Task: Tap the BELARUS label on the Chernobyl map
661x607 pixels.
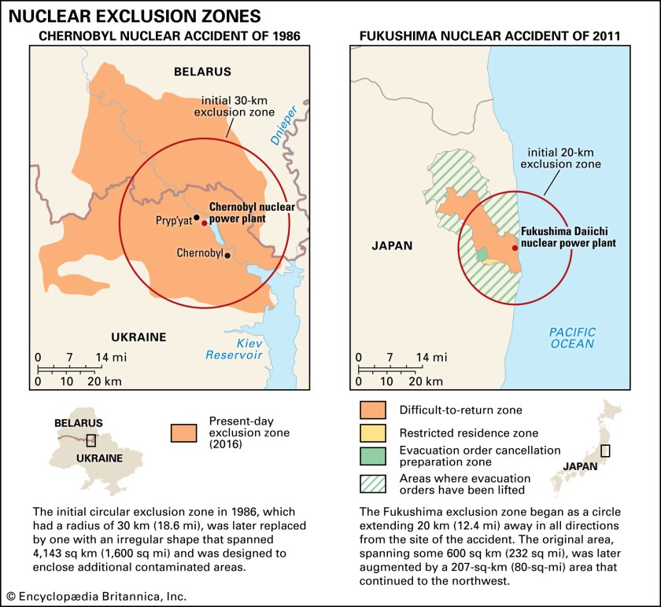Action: [202, 72]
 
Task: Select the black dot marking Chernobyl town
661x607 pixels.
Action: [227, 255]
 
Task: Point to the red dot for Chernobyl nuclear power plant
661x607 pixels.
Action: [205, 223]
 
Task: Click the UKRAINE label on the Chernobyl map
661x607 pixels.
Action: [138, 337]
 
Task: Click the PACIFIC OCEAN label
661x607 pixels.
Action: [572, 337]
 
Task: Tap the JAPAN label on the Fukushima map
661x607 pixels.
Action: [391, 245]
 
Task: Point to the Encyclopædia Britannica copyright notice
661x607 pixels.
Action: [95, 597]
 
